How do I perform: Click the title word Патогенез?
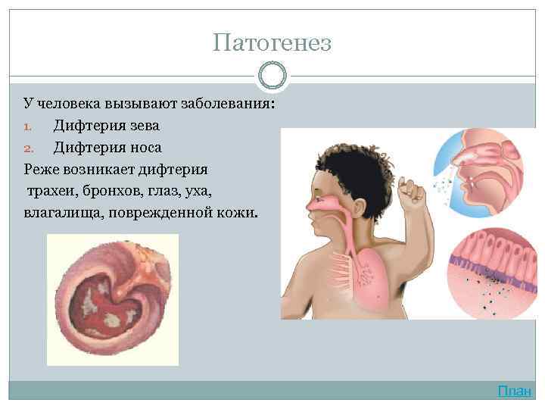pyautogui.click(x=272, y=42)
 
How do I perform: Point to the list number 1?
pyautogui.click(x=29, y=126)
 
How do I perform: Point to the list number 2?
pyautogui.click(x=29, y=147)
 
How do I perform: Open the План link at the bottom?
pyautogui.click(x=515, y=391)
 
